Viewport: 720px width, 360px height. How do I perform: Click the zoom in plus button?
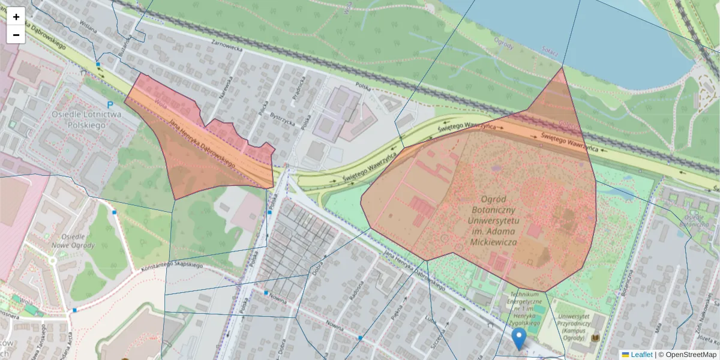point(16,17)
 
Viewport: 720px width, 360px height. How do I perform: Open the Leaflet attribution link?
point(641,355)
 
